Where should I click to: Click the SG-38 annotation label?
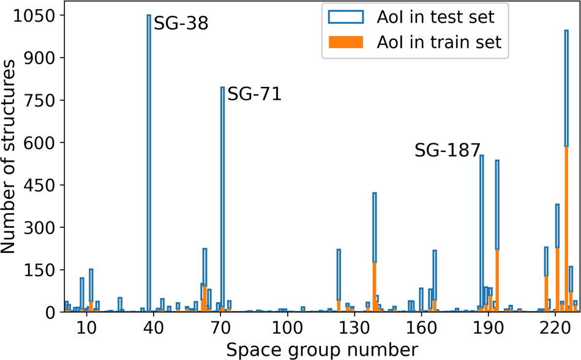pos(181,24)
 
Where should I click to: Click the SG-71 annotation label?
pos(254,94)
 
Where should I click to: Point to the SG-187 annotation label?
pos(447,151)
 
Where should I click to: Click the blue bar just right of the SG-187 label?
pos(482,233)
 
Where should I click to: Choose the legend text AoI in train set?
pos(440,42)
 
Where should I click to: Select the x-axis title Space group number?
pos(322,349)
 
